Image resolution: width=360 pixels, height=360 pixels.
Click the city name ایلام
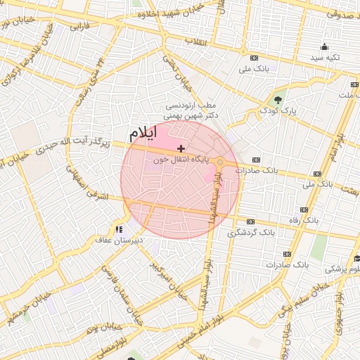click(143, 132)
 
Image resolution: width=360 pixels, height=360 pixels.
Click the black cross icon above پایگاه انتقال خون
click(181, 148)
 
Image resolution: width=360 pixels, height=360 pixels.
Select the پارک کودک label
click(278, 110)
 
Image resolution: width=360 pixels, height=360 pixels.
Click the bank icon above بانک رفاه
click(304, 210)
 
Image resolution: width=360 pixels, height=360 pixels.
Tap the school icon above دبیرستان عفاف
click(119, 228)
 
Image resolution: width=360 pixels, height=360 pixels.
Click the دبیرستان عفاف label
click(120, 240)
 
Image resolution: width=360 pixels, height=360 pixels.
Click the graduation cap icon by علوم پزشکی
click(356, 257)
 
